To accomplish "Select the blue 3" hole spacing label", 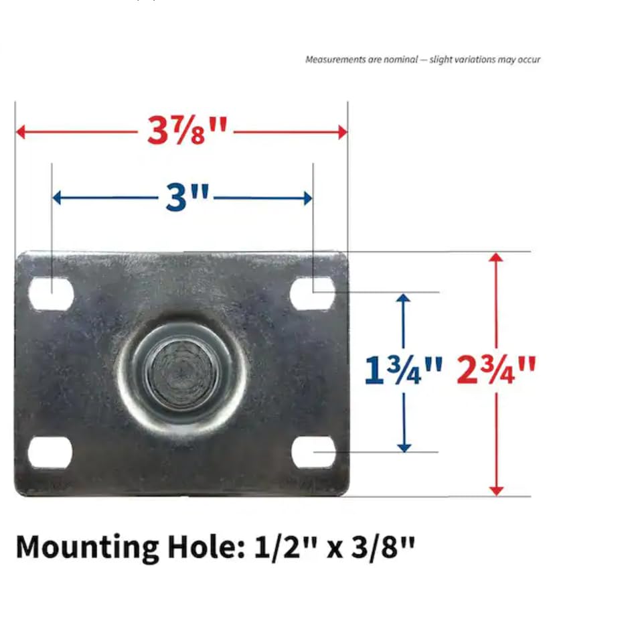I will click(187, 198).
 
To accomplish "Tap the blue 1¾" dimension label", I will click(403, 370).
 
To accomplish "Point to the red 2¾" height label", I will click(496, 370).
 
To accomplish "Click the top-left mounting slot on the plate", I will click(51, 294).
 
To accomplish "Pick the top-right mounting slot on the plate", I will click(313, 293).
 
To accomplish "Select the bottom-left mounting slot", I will click(50, 453).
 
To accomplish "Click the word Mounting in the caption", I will click(87, 548).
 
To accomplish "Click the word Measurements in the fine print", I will click(335, 60).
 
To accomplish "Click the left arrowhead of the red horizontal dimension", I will click(21, 131).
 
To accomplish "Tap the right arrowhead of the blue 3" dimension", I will click(307, 198).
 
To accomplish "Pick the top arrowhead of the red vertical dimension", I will click(496, 259).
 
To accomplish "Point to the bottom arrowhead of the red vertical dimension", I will click(496, 490).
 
